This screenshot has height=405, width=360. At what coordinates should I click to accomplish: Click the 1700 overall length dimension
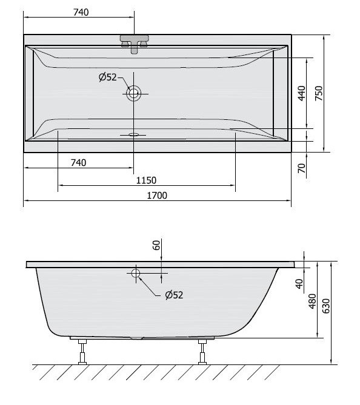(x=157, y=196)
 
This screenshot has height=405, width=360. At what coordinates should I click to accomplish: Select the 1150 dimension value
(x=146, y=180)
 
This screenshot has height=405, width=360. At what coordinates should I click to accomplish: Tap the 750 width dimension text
(x=319, y=93)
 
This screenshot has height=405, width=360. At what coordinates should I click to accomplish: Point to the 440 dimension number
(x=302, y=93)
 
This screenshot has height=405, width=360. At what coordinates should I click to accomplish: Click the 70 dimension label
(x=302, y=168)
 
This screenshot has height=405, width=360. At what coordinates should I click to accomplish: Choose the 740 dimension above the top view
(x=81, y=12)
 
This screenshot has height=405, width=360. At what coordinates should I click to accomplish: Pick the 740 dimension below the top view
(x=78, y=163)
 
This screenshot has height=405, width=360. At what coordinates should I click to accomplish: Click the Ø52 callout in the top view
(x=108, y=77)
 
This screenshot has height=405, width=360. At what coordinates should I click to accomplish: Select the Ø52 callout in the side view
(x=174, y=295)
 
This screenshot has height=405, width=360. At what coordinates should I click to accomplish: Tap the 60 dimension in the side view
(x=156, y=245)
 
